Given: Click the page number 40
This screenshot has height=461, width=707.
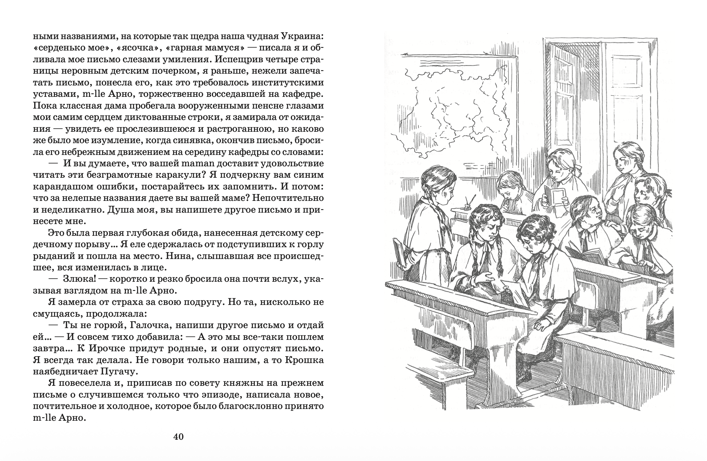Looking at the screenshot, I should click(x=178, y=437).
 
